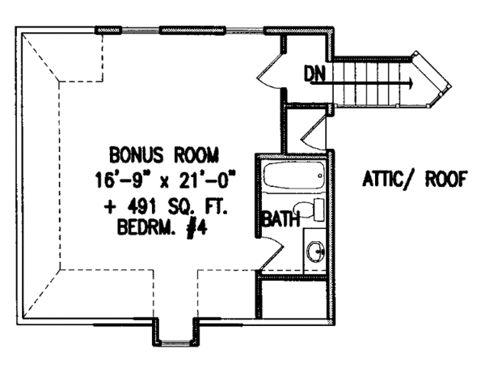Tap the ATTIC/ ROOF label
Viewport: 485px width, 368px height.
[411, 179]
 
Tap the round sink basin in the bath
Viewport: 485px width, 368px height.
[315, 253]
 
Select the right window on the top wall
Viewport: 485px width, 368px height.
[190, 31]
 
